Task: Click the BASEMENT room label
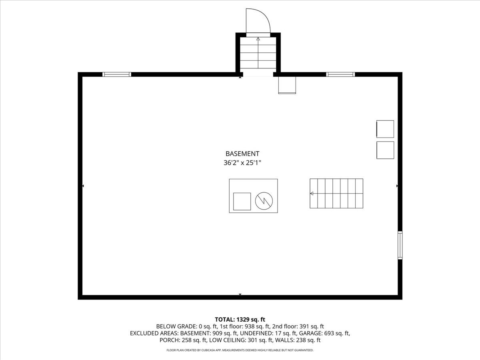pos(242,154)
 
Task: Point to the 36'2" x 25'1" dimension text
pos(242,163)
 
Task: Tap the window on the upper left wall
pos(117,74)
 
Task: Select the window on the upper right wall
pos(340,74)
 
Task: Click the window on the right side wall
pos(400,245)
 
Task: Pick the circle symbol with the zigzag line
pos(264,201)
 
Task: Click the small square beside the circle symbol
pos(242,201)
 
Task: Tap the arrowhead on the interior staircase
pos(312,194)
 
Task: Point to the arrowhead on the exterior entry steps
pos(258,39)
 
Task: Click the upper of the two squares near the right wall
pos(385,129)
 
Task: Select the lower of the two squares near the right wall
pos(385,150)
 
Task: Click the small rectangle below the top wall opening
pos(287,85)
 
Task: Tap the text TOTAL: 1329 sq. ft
pos(240,319)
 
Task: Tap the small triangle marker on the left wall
pos(83,186)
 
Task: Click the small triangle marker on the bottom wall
pos(240,295)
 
